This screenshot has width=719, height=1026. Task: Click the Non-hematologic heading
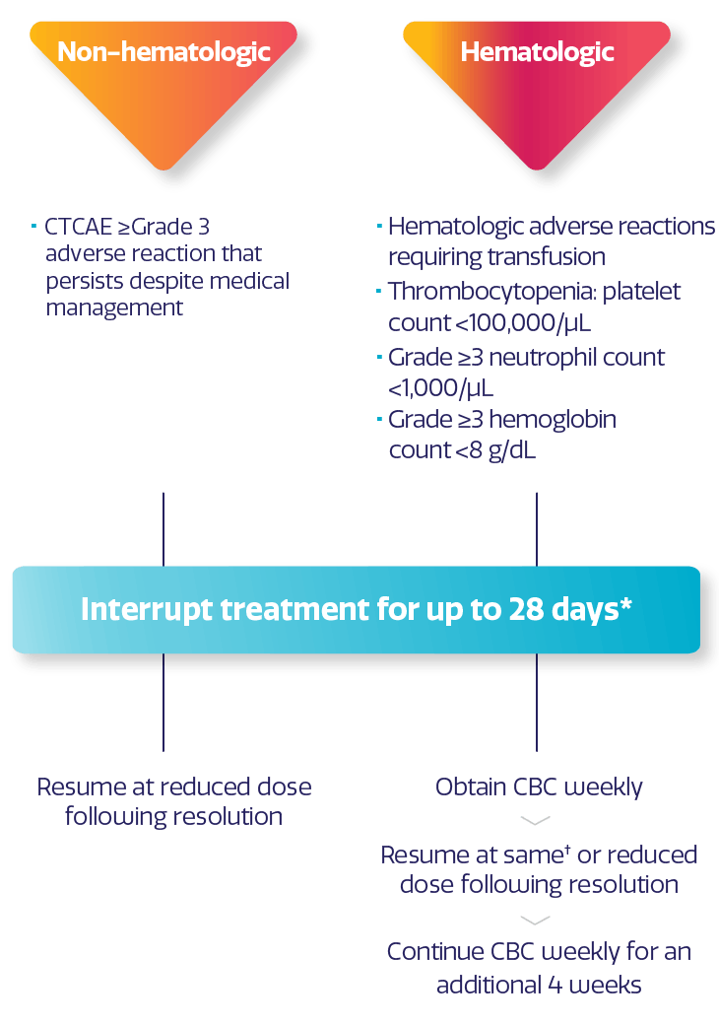click(163, 51)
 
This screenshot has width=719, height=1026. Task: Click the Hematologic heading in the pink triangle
click(537, 51)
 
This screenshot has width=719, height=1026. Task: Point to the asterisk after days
click(625, 602)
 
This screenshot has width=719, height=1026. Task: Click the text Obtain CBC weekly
click(539, 787)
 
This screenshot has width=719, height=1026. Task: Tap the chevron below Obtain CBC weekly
click(535, 820)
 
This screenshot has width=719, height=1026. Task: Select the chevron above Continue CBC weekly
click(535, 920)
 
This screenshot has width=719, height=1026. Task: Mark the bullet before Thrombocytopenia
click(380, 293)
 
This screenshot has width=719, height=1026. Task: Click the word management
click(114, 308)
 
